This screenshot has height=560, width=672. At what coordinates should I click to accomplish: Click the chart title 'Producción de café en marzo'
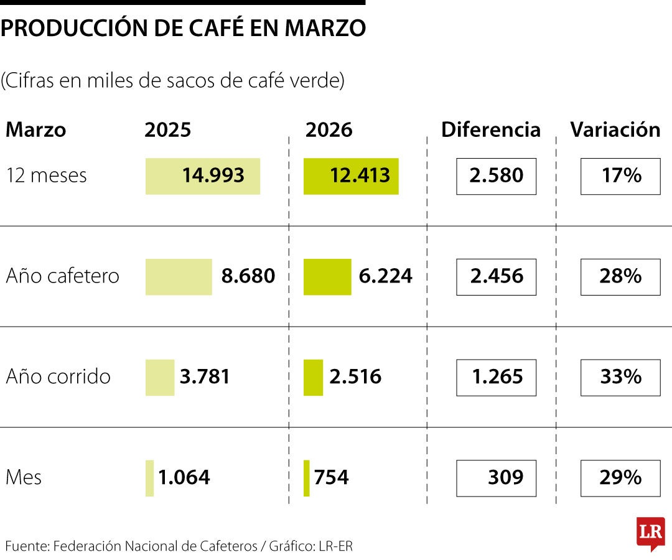pos(183,29)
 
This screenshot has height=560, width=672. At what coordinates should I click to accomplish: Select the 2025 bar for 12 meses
pos(203,176)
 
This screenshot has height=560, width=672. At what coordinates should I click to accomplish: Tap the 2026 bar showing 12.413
pos(351,176)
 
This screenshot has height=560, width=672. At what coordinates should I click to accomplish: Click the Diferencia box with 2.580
pos(496,177)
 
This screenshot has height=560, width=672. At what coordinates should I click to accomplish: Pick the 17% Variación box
pos(620,177)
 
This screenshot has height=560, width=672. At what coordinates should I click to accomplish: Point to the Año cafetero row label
pos(62,276)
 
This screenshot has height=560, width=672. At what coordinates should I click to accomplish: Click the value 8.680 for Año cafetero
pos(248,276)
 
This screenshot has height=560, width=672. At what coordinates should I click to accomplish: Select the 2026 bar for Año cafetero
pos(327,277)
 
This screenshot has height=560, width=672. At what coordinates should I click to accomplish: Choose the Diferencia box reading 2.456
pos(496,277)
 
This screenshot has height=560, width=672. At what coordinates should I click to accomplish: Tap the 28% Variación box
pos(620,277)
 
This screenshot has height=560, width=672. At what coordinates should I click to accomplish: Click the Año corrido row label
pos(58,377)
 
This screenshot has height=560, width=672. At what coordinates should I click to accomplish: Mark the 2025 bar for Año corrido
pos(160,377)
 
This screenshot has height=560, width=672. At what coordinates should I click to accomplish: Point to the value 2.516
pos(355,377)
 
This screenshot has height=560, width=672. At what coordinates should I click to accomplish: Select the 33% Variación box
pos(620,377)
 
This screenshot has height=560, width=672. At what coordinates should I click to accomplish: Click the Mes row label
pos(24,478)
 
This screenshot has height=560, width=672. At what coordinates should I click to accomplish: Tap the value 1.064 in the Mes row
pos(184,478)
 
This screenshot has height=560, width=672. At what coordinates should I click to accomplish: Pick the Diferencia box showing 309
pos(496,478)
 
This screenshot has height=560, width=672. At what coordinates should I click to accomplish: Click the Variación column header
pos(615,130)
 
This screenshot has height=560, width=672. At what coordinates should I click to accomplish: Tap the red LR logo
pos(650,533)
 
